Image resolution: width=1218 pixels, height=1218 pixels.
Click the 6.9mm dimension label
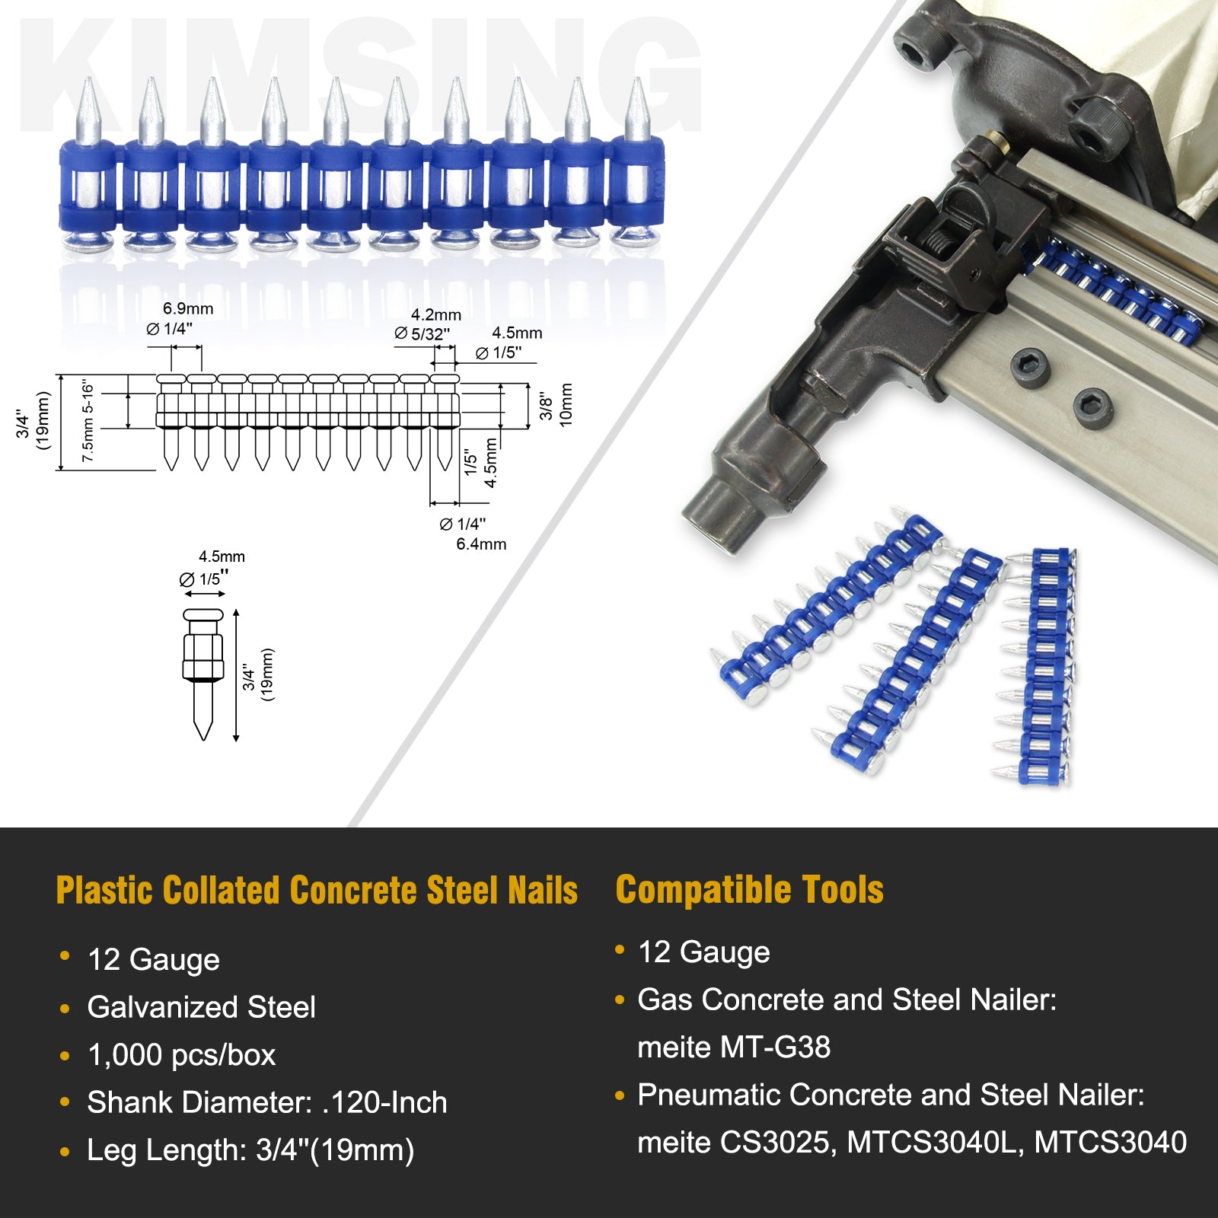(188, 309)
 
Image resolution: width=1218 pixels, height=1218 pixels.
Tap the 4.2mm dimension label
(436, 315)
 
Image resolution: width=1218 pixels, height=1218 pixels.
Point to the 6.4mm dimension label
(481, 544)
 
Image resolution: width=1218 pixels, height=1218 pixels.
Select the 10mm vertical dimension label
(566, 405)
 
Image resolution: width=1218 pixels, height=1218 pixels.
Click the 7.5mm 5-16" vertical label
(88, 421)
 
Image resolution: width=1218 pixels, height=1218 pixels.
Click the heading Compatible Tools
(749, 890)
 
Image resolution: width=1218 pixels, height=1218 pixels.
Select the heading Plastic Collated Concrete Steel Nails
(317, 891)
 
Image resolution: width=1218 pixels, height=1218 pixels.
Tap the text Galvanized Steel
(201, 1007)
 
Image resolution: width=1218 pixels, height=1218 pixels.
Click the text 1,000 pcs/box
(181, 1055)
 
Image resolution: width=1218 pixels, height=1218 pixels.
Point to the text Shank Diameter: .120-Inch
(266, 1102)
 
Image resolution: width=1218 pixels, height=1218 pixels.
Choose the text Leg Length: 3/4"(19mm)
(250, 1150)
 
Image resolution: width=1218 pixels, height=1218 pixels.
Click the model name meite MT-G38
(734, 1047)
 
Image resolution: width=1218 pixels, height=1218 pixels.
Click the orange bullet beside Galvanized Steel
(65, 1009)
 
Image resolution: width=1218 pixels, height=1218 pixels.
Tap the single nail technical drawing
(203, 673)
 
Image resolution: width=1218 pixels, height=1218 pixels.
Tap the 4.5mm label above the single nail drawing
(222, 557)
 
